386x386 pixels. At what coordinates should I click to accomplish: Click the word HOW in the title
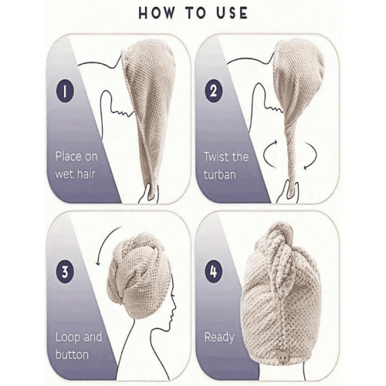[157, 13]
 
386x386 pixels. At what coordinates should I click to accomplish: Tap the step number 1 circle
[65, 90]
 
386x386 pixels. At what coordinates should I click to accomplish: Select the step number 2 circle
[214, 91]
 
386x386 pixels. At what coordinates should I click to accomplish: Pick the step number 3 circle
[65, 272]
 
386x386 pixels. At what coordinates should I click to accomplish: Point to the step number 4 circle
[214, 271]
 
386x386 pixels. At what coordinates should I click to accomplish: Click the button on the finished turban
[283, 357]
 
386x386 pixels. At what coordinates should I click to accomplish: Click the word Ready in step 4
[219, 337]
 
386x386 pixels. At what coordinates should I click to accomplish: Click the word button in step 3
[72, 354]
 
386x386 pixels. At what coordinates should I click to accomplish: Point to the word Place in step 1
[69, 156]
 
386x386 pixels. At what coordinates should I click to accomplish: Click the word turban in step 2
[219, 174]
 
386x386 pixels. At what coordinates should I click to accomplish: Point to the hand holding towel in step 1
[147, 194]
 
